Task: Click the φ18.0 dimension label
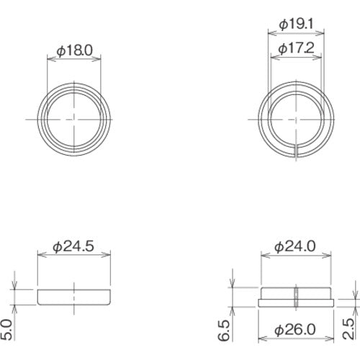click(74, 51)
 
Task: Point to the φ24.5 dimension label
click(76, 246)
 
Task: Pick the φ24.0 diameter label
click(295, 246)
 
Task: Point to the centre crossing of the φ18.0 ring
click(76, 117)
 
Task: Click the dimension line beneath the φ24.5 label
click(76, 254)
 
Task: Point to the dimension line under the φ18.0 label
click(74, 60)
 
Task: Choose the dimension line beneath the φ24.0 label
click(295, 254)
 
